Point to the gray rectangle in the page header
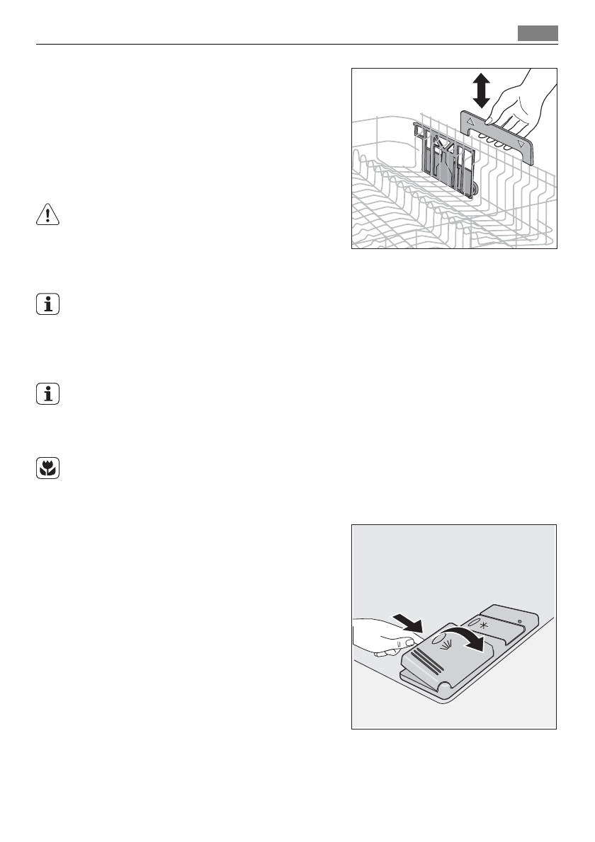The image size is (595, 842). [538, 33]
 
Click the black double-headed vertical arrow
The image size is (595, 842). [482, 91]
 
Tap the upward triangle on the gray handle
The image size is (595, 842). [472, 122]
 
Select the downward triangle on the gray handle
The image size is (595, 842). [522, 144]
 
